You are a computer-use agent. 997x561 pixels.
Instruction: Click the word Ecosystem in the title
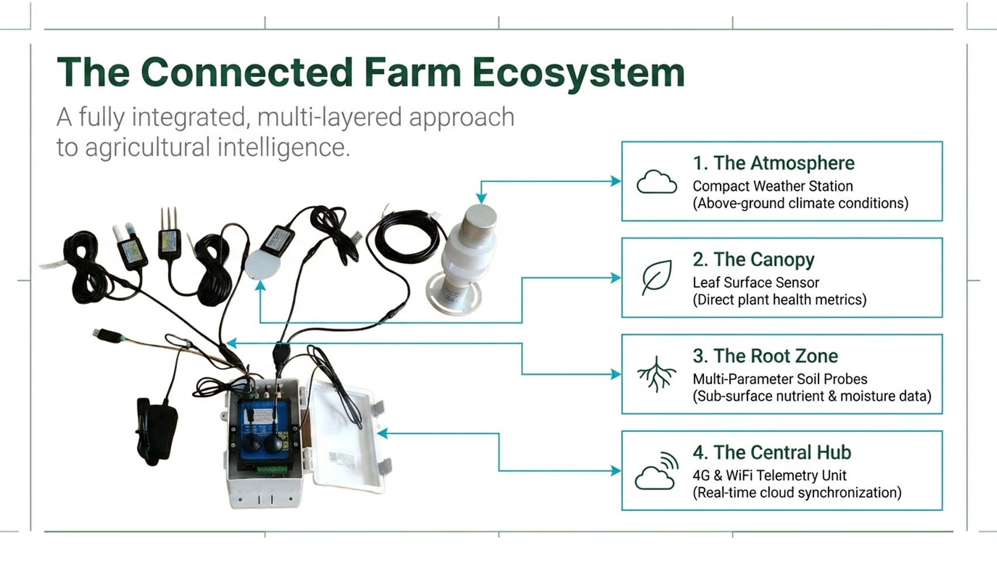pos(578,73)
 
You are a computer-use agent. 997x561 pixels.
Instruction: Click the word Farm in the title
pos(413,73)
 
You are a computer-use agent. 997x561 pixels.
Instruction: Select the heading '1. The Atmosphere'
pos(773,163)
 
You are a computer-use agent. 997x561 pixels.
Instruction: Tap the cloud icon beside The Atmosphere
pos(656,182)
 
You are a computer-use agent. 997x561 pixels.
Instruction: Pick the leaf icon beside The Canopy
pos(656,278)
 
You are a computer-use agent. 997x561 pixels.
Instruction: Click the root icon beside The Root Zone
pos(656,374)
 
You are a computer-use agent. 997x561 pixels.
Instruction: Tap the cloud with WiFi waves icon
pos(656,471)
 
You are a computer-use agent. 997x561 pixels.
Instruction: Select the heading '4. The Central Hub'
pos(771,452)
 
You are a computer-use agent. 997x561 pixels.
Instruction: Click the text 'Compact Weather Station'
pos(773,186)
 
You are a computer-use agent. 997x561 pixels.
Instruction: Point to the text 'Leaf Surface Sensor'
pos(756,283)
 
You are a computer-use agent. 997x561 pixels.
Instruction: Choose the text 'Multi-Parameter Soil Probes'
pos(780,379)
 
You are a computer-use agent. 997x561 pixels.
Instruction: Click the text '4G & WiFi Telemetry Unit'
pos(769,476)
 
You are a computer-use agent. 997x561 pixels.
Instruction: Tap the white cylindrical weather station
pos(468,257)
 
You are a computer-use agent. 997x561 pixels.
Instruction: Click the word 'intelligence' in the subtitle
pos(283,147)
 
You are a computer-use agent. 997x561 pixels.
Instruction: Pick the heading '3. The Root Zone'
pos(765,356)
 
